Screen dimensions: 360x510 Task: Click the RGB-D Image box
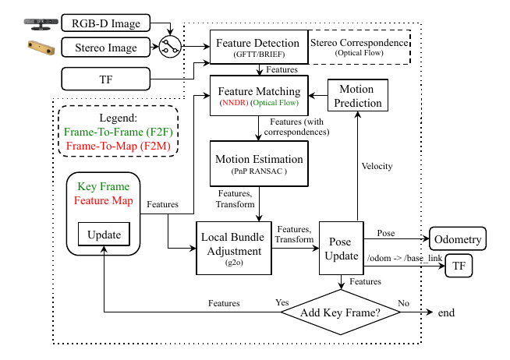coord(105,23)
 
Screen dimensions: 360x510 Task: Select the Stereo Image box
coord(105,48)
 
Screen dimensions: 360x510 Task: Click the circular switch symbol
coord(168,48)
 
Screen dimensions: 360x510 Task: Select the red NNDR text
coord(233,101)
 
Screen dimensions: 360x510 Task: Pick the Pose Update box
coord(342,248)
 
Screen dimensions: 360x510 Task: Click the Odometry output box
coord(457,238)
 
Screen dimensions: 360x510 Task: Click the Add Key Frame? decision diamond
coord(341,312)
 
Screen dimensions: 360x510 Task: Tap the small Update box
coord(104,235)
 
